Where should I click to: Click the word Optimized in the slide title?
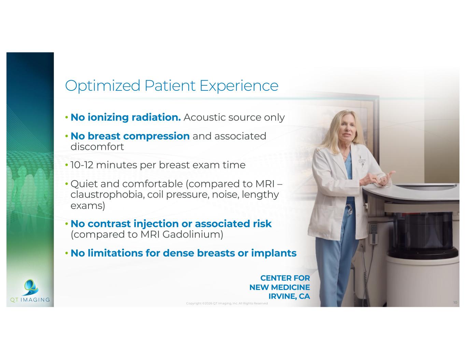pyautogui.click(x=102, y=86)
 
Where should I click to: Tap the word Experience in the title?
pyautogui.click(x=239, y=86)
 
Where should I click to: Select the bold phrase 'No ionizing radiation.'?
pyautogui.click(x=126, y=117)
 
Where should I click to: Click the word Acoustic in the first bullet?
pyautogui.click(x=204, y=117)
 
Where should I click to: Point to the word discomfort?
pyautogui.click(x=97, y=147)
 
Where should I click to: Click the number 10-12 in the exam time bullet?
pyautogui.click(x=82, y=165)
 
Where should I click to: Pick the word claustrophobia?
pyautogui.click(x=107, y=195)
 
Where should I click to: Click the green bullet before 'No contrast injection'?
pyautogui.click(x=67, y=224)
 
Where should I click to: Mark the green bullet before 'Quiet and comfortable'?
pyautogui.click(x=67, y=184)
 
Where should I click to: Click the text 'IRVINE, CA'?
pyautogui.click(x=289, y=296)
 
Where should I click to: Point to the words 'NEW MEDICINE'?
pyautogui.click(x=280, y=287)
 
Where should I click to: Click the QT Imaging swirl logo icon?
pyautogui.click(x=31, y=287)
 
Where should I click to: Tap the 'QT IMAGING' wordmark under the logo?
pyautogui.click(x=30, y=300)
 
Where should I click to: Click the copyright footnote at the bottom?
pyautogui.click(x=227, y=303)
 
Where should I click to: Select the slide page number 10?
pyautogui.click(x=455, y=302)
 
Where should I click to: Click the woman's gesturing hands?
pyautogui.click(x=379, y=178)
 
